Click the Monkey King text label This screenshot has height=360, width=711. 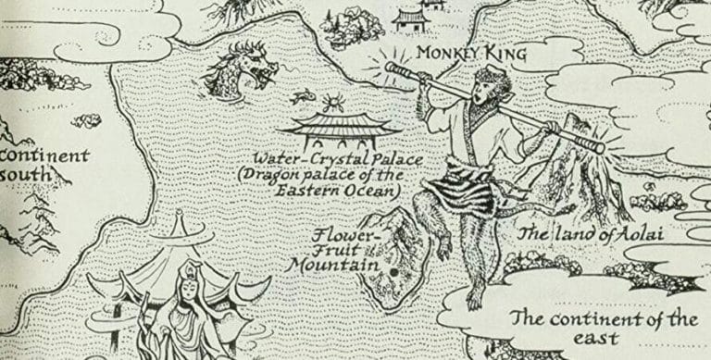(469, 55)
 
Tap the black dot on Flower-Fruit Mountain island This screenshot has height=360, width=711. (393, 273)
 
